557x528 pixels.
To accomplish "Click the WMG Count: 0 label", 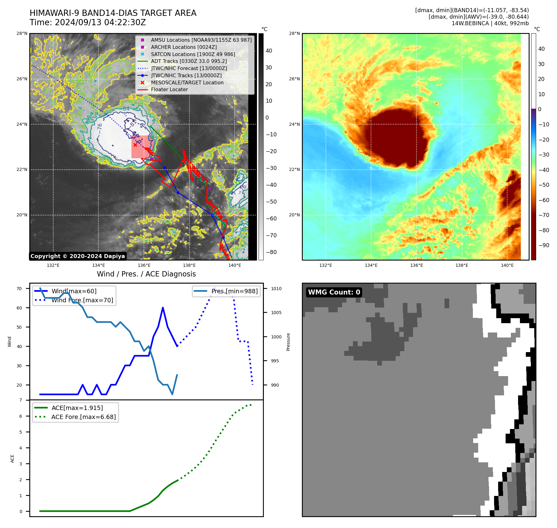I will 334,292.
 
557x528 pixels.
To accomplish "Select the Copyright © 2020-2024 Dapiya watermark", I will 78,256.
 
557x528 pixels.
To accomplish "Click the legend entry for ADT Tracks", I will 189,61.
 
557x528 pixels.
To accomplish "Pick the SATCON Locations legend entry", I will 193,54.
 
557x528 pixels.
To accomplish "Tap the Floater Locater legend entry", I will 169,90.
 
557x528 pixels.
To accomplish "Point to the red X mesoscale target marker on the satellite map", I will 135,145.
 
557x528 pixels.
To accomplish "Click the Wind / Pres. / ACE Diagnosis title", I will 146,274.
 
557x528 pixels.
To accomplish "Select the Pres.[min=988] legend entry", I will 234,291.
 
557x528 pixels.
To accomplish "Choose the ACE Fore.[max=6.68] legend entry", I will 83,417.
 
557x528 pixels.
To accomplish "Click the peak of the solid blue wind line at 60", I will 163,308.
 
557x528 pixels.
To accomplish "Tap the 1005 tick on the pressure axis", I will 276,313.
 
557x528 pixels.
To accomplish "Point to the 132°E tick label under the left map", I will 53,265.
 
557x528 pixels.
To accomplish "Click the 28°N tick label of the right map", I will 294,33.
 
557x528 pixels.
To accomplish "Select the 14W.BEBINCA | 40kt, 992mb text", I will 490,23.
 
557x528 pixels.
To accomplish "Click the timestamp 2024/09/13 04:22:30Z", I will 100,22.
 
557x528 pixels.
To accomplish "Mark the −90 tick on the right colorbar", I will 544,245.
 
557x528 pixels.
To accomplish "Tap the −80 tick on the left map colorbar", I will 271,252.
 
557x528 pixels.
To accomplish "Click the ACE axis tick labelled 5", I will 21,432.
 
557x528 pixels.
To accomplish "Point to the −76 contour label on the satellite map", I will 100,127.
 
